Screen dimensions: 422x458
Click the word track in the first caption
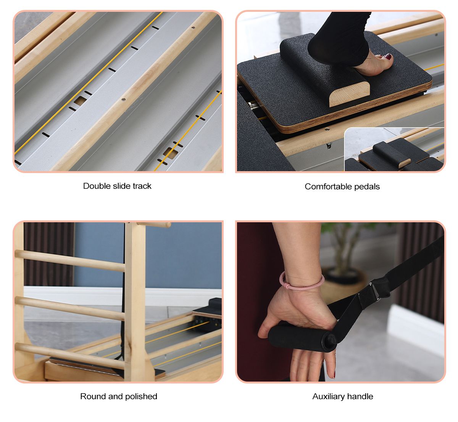tap(142, 186)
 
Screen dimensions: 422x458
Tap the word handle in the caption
tap(361, 396)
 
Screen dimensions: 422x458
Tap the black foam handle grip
tap(298, 335)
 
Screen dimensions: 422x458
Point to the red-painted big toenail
tap(388, 57)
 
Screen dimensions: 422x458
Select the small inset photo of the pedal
tap(394, 150)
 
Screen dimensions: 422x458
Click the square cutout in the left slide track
tap(80, 101)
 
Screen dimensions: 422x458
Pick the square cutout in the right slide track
tap(170, 153)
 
